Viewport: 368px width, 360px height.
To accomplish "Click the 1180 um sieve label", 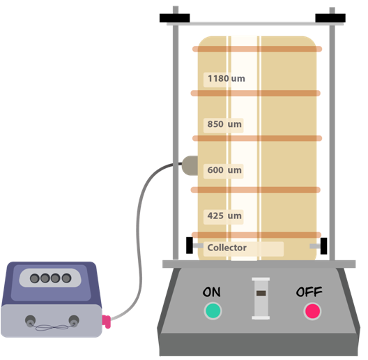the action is [227, 78].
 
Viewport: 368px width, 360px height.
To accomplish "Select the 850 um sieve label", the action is [224, 124].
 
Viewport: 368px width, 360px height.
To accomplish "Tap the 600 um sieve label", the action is [224, 170].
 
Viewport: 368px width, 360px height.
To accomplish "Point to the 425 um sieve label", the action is [224, 216].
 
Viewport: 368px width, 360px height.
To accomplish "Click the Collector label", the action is [227, 248].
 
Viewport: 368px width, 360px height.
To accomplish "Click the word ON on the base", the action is [212, 292].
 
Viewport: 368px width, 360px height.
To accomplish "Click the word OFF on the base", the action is [309, 292].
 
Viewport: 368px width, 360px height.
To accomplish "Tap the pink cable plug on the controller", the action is [107, 322].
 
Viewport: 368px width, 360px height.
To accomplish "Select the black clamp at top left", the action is [175, 18].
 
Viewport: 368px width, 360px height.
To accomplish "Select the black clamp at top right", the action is [330, 18].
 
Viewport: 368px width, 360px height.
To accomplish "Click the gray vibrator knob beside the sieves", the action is [190, 165].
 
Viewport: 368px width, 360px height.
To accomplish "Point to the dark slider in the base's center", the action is [261, 293].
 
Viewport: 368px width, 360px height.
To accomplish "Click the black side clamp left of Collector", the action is [190, 246].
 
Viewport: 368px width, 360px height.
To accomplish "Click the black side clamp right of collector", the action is [323, 246].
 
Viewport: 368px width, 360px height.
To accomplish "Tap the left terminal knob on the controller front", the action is [30, 321].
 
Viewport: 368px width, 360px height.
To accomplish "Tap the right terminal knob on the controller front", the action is [74, 321].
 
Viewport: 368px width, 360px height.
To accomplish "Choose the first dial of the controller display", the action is [35, 278].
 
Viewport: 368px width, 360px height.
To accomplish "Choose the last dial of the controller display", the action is [66, 278].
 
